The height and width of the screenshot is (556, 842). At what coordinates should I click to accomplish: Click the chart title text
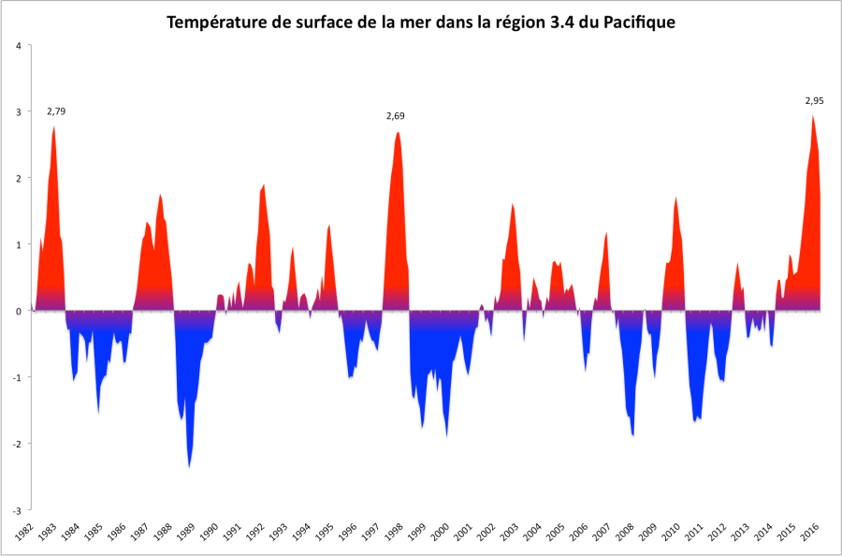421,21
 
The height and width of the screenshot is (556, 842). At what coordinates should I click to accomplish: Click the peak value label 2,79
56,111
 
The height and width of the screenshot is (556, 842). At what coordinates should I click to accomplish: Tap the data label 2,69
396,116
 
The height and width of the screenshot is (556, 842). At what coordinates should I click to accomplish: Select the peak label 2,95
815,101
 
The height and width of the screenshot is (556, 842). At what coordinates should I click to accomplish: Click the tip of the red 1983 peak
55,126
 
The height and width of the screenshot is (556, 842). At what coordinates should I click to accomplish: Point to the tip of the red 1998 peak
398,132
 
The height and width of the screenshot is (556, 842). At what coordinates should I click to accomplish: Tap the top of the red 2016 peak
813,116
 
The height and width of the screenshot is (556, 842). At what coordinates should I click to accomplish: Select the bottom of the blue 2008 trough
633,435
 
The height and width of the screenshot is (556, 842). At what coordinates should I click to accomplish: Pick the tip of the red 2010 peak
675,198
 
